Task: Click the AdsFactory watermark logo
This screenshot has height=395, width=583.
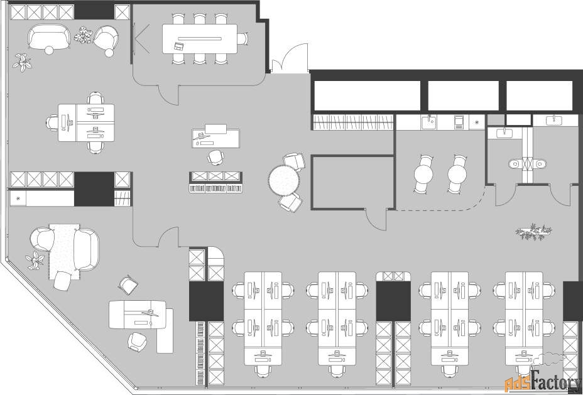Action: (543, 382)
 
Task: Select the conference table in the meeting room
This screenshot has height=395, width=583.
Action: (200, 39)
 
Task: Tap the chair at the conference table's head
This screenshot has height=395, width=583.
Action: (242, 39)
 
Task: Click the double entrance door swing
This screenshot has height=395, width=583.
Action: (290, 58)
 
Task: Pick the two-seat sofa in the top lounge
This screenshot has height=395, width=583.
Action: (49, 36)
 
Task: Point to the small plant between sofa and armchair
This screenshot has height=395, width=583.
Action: (83, 35)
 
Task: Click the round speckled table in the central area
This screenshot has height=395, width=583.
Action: (284, 181)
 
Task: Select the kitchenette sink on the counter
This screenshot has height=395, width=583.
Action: (429, 122)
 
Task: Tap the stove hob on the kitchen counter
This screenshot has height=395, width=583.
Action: (459, 122)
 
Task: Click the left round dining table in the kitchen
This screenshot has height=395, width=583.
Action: (423, 174)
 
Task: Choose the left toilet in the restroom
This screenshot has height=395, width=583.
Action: (516, 163)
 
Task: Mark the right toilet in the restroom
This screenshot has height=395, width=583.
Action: (540, 163)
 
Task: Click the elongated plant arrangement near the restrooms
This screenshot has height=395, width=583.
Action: (533, 232)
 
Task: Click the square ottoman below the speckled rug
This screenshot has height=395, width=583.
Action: (62, 281)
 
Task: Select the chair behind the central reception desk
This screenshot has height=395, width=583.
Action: (215, 157)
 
